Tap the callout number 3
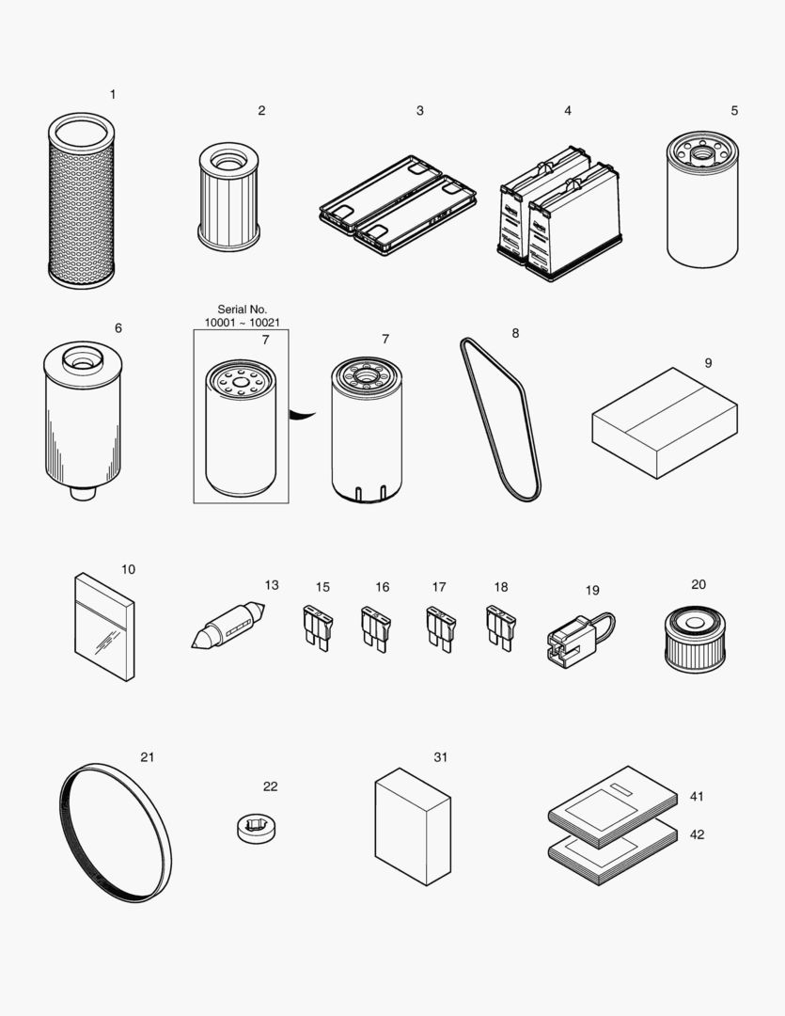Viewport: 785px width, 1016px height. pos(419,111)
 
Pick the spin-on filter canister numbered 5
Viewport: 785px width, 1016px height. pos(702,201)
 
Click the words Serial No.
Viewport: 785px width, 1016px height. pos(242,310)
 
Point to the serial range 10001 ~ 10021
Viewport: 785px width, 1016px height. pos(242,323)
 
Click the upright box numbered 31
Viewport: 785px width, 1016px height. pos(413,825)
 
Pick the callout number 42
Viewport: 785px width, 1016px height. pos(697,834)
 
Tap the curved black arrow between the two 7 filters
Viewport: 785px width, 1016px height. pos(303,413)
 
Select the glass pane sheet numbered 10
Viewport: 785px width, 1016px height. pos(104,625)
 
